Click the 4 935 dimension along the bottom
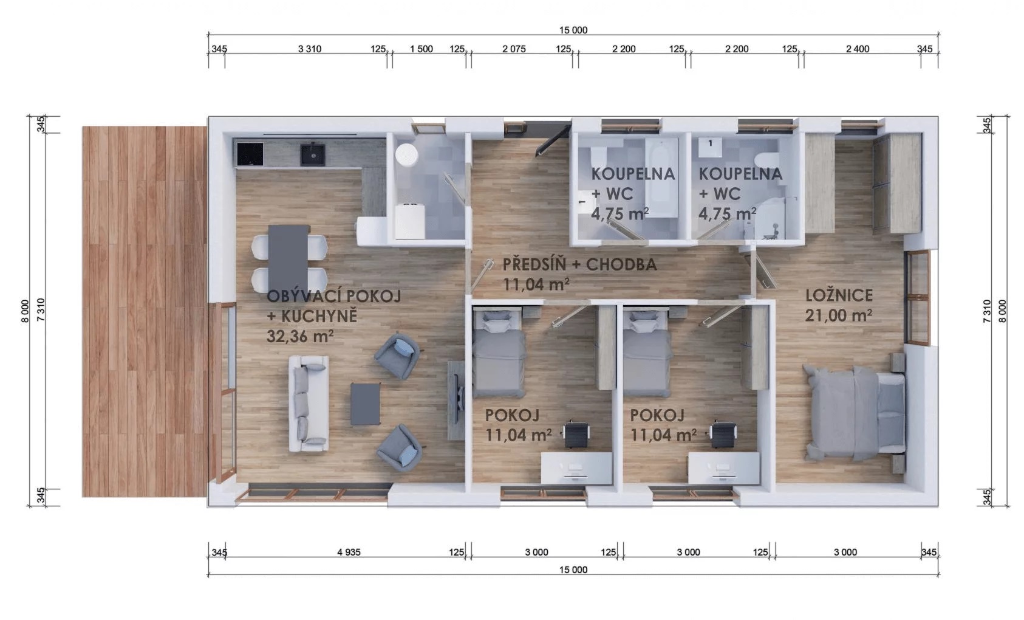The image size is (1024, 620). (349, 553)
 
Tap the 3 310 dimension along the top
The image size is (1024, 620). (310, 49)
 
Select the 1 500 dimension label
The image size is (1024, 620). (421, 49)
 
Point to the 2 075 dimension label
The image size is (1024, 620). (514, 49)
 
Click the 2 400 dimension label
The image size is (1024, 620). (858, 49)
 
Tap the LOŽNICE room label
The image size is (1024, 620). (839, 295)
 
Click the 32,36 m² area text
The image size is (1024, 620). (300, 336)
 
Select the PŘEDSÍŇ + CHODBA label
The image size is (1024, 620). (579, 264)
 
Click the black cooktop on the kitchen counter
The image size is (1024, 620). (250, 154)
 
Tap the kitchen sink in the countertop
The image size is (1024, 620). (313, 154)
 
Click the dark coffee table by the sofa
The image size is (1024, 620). (365, 404)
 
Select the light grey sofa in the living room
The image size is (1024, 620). (309, 404)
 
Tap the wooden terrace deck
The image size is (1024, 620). (145, 312)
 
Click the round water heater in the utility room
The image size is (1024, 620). (406, 154)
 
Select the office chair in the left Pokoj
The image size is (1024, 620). (576, 434)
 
